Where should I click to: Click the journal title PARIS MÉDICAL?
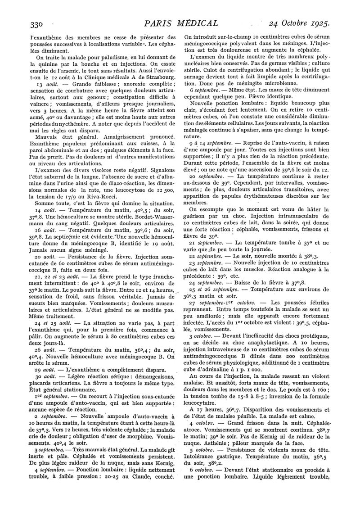point(180,23)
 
